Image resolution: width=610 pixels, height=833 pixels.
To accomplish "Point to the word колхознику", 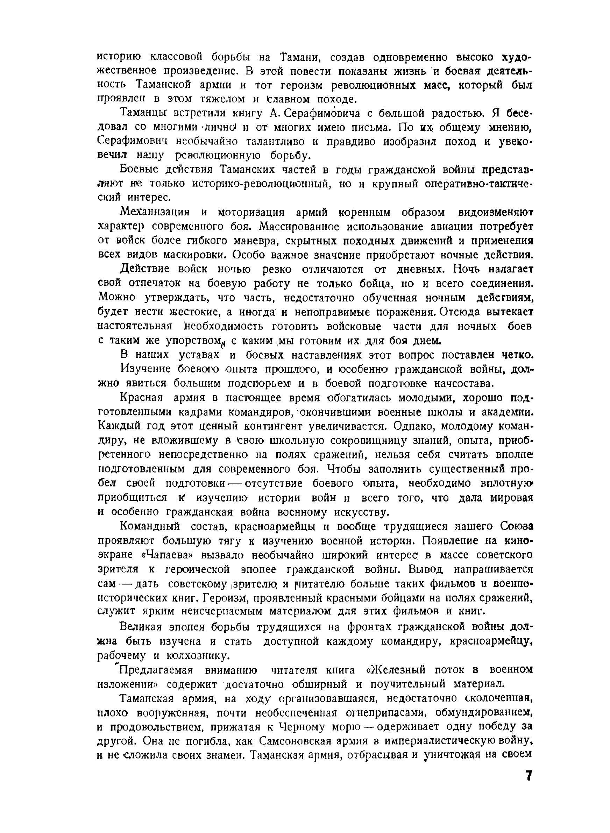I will [204, 656].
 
